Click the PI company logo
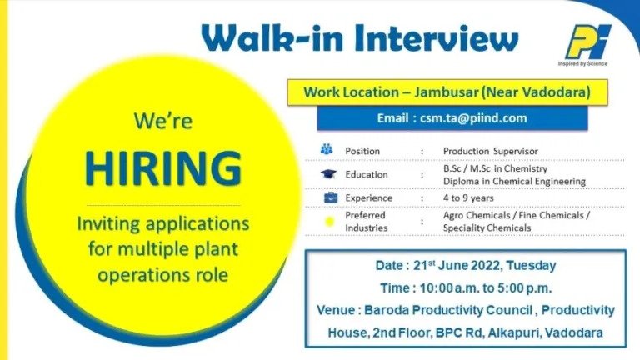tap(587, 42)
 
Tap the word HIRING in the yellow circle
tap(163, 168)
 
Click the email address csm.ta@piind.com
tap(473, 118)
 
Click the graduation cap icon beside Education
tap(328, 174)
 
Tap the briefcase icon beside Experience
tap(331, 197)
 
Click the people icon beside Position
tap(327, 149)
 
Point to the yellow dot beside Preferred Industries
tap(329, 222)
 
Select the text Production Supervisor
tap(491, 151)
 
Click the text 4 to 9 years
tap(468, 198)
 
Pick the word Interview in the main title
tap(437, 39)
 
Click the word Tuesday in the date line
tap(531, 266)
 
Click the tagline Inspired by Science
tap(582, 63)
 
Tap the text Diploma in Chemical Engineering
tap(514, 181)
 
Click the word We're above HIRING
tap(162, 121)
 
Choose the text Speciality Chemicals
tap(487, 227)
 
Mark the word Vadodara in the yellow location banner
tap(556, 92)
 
